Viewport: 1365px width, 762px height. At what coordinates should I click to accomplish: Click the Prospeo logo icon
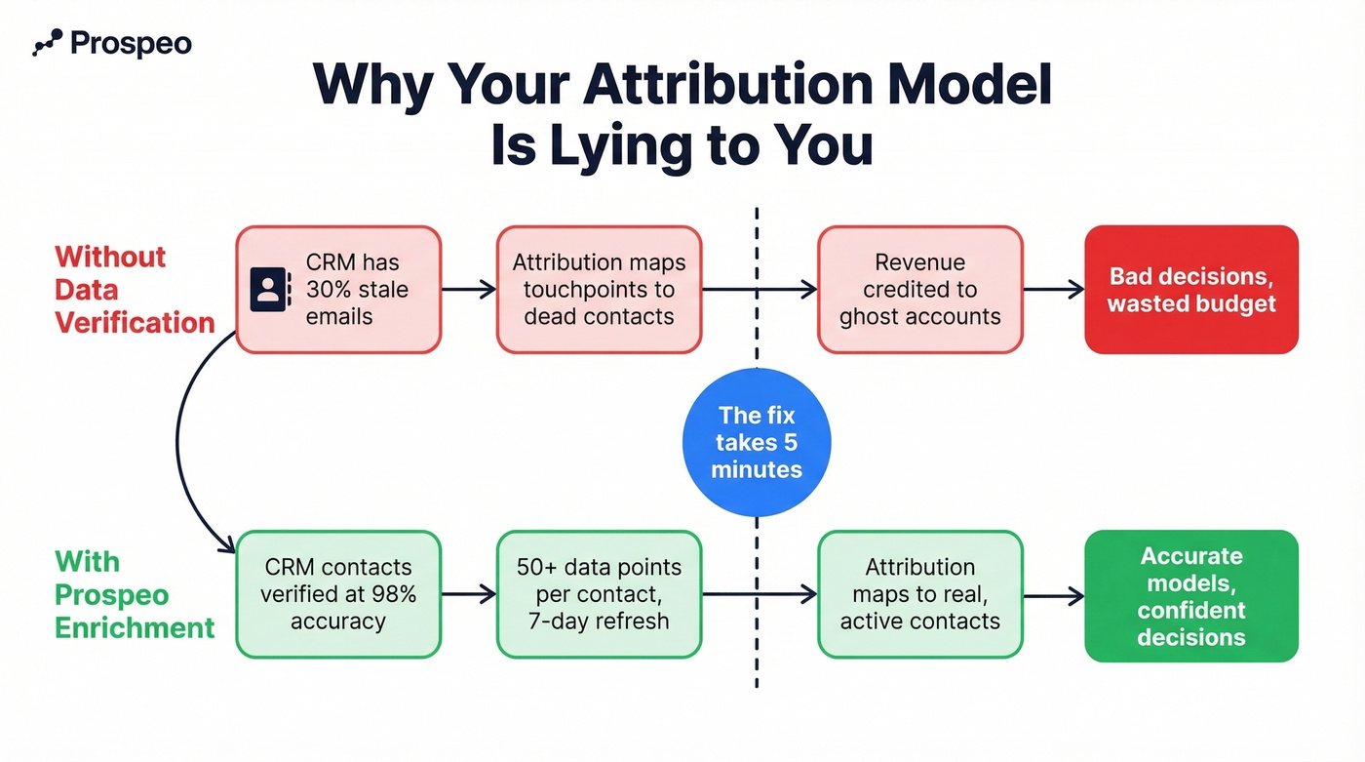[x=48, y=42]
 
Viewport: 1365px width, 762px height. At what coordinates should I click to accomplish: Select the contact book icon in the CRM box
[x=270, y=290]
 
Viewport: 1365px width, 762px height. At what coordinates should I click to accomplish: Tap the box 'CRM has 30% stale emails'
[x=338, y=290]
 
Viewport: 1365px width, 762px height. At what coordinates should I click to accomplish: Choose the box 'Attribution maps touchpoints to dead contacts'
[x=599, y=290]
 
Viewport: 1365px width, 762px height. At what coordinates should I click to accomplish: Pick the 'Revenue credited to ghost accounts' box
[x=919, y=290]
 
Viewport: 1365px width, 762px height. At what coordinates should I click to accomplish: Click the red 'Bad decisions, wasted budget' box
[x=1191, y=290]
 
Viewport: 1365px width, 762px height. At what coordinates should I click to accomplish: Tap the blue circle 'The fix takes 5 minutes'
[x=757, y=443]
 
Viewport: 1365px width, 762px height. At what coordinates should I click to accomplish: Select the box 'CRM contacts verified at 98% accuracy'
[x=338, y=594]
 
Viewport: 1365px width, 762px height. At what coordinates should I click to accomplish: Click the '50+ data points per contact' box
[x=599, y=594]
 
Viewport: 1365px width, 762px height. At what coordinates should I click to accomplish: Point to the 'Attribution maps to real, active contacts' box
[x=919, y=594]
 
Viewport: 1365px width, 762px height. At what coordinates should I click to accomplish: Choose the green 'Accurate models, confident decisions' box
[x=1191, y=596]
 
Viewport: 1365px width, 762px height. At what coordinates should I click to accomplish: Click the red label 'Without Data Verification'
[x=135, y=290]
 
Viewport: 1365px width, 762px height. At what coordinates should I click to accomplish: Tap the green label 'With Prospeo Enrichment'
[x=135, y=594]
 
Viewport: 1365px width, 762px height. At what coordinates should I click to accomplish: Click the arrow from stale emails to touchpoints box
[x=469, y=290]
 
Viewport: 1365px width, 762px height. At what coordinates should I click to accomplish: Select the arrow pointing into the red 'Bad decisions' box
[x=1053, y=290]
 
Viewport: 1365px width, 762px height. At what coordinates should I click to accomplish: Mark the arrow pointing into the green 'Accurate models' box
[x=1053, y=595]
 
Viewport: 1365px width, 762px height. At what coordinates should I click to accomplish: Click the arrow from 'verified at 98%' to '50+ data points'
[x=469, y=594]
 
